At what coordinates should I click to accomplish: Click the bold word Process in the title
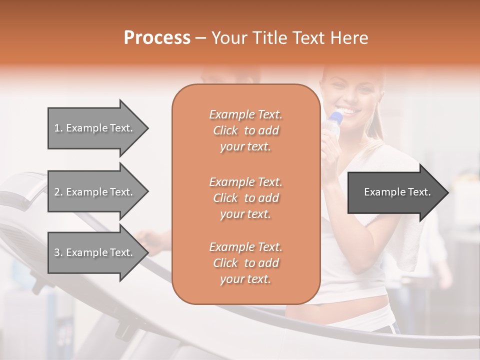(x=157, y=37)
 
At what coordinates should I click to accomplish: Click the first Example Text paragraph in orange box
(x=245, y=130)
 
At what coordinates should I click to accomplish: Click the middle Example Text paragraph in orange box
(x=245, y=198)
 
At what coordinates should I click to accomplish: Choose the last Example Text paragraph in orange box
(x=245, y=263)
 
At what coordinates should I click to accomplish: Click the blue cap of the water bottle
(x=336, y=118)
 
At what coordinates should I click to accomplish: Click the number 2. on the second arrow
(x=58, y=192)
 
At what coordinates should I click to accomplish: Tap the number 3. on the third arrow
(x=58, y=252)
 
